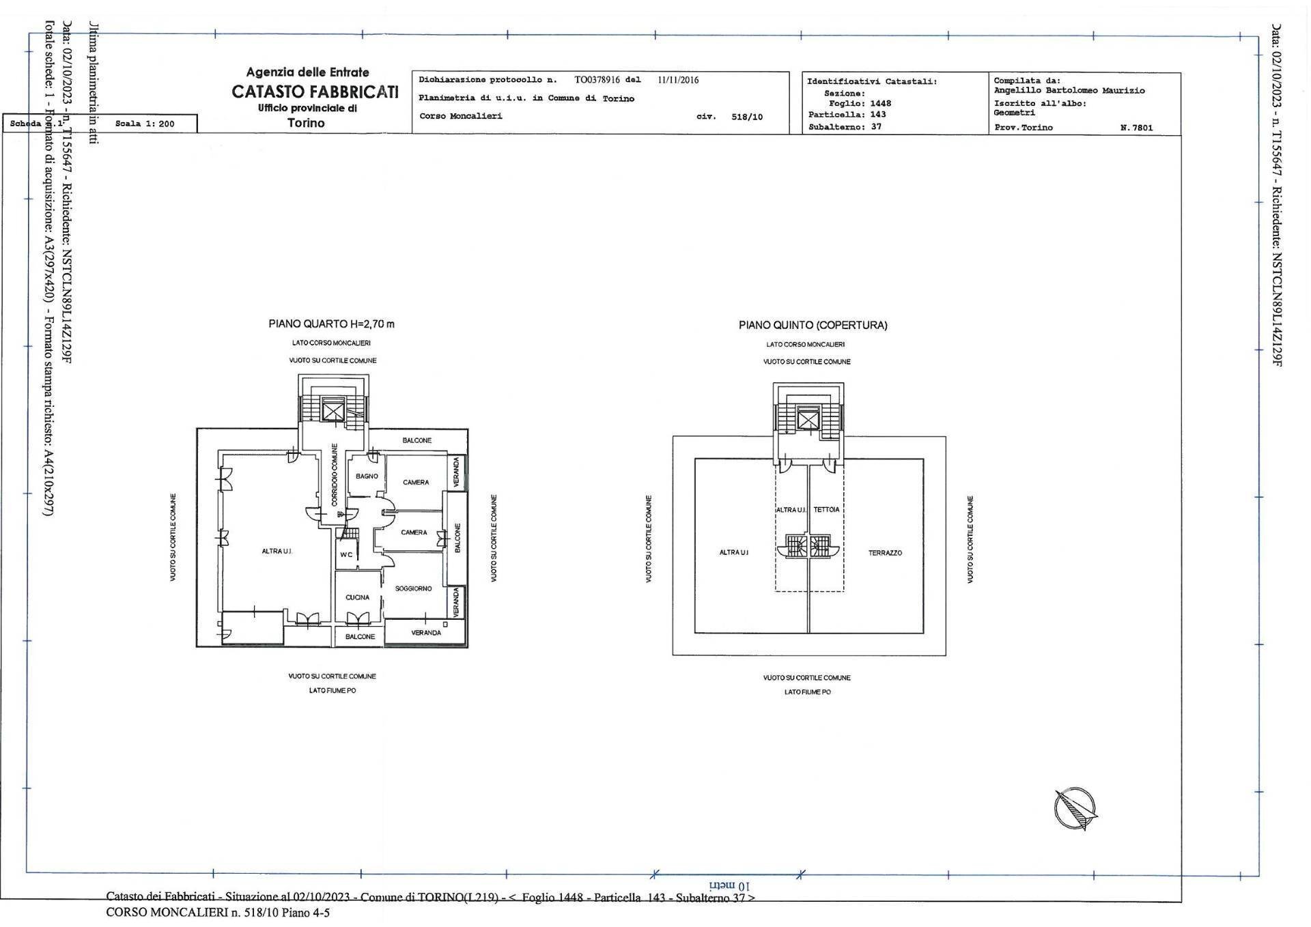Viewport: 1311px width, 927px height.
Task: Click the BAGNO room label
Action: point(367,476)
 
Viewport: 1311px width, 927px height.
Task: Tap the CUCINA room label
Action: point(357,597)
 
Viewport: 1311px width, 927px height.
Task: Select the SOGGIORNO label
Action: point(413,588)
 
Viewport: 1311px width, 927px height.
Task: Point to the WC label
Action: point(346,555)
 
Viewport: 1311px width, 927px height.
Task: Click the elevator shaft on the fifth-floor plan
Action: point(808,419)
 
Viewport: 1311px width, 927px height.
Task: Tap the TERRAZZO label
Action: point(885,553)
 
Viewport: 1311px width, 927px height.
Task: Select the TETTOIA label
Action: point(826,510)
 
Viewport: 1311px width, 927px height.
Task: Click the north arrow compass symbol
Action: point(1075,808)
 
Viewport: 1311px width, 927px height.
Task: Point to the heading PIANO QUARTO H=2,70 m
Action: point(331,324)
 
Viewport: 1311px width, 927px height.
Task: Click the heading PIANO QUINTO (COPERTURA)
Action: point(813,326)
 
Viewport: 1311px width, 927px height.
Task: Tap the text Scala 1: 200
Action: point(145,124)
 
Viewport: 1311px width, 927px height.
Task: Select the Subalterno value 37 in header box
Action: point(876,127)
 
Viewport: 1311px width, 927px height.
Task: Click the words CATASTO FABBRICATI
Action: point(315,91)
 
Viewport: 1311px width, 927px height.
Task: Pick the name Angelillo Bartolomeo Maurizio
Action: point(1069,91)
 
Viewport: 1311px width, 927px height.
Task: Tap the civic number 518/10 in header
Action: point(746,117)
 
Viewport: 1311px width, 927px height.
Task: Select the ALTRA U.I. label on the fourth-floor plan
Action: point(277,551)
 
